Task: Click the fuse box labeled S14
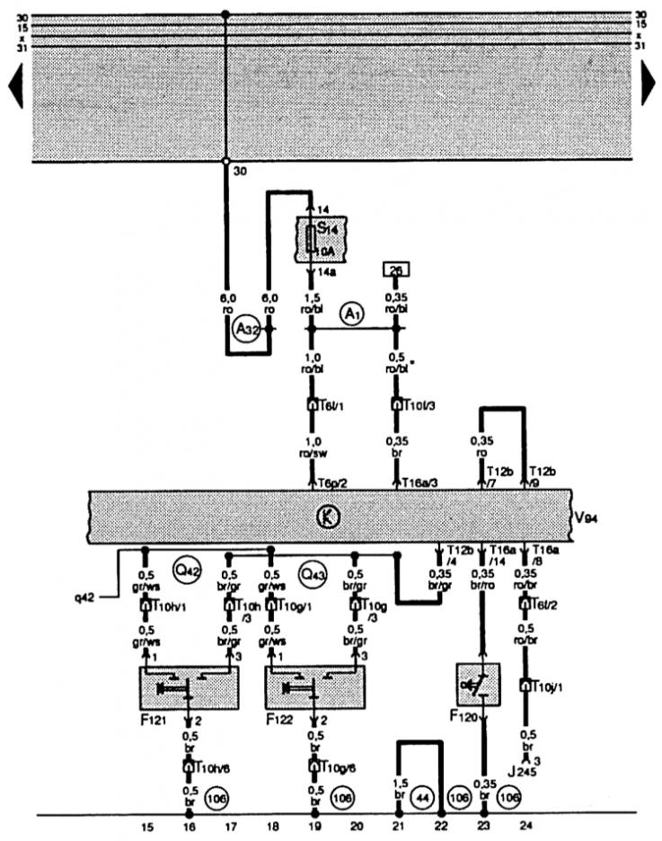311,238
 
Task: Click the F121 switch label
152,721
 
